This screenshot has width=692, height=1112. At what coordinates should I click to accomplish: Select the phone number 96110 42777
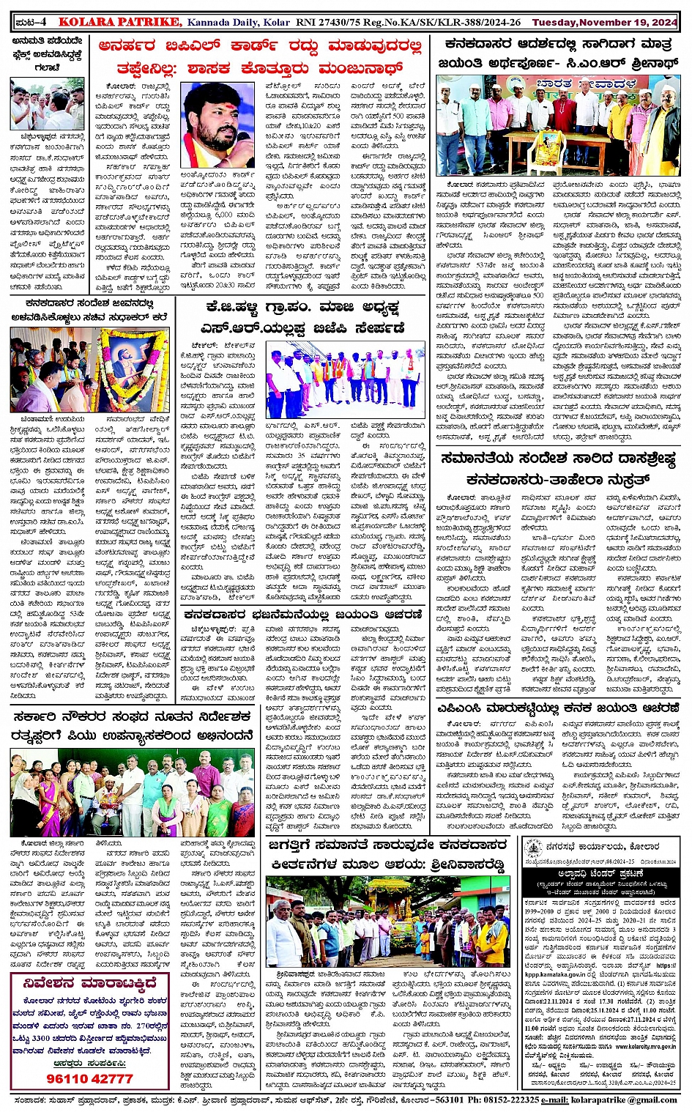[x=89, y=1078]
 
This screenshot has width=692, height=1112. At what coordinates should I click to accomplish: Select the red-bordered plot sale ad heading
[x=89, y=983]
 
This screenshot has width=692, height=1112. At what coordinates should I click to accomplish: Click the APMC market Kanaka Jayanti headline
[x=558, y=708]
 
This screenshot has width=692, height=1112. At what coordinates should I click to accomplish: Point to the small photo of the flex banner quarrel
[x=47, y=104]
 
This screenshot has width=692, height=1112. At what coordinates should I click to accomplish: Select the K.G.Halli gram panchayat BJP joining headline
[x=305, y=316]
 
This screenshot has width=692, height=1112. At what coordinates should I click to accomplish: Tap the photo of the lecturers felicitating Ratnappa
[x=132, y=793]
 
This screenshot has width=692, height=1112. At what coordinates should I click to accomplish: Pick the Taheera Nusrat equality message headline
[x=558, y=470]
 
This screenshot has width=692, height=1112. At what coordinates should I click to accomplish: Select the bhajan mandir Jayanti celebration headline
[x=303, y=614]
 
